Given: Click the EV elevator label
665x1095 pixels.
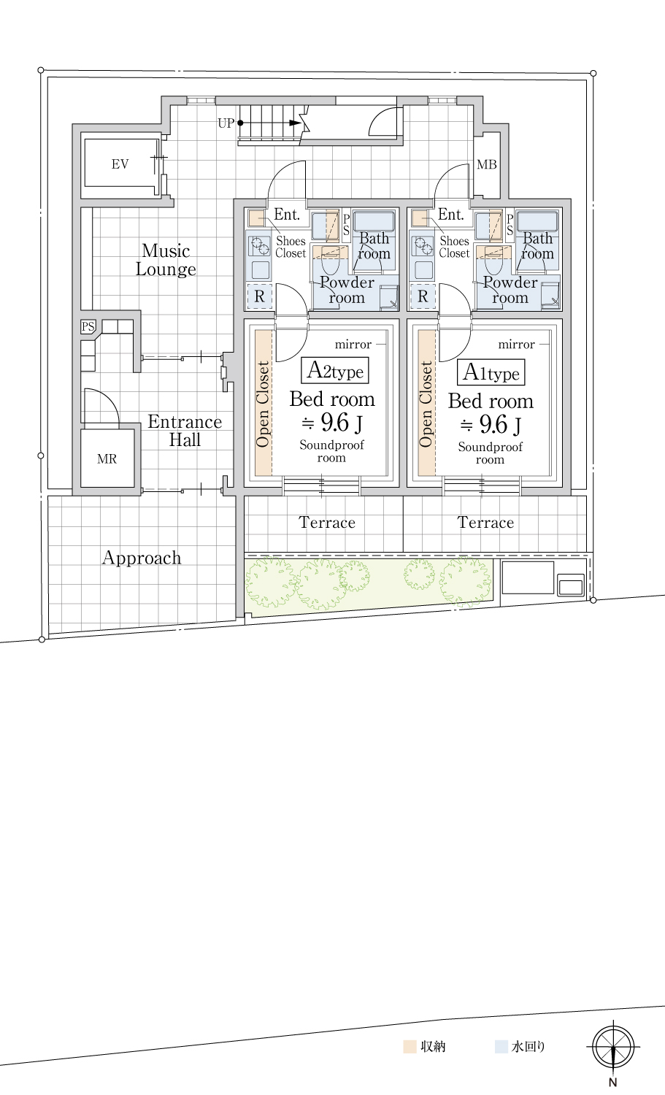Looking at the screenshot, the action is click(120, 164).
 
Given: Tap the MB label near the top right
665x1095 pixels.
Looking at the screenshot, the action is click(487, 165).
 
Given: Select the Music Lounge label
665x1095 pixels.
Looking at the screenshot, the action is click(166, 260).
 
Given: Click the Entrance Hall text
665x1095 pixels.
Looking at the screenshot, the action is click(185, 431).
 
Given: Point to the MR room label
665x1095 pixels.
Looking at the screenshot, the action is click(107, 459).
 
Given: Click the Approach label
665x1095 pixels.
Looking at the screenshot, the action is click(142, 558).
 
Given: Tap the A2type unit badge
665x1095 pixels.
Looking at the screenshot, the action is click(335, 371).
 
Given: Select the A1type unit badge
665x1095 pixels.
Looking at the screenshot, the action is click(491, 372).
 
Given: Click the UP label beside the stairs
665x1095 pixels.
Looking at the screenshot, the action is click(226, 123).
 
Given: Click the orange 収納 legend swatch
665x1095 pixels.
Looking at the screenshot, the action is click(410, 1047).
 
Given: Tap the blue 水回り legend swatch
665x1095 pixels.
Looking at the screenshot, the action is click(501, 1047).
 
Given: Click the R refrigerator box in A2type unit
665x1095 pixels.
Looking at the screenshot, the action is click(259, 296).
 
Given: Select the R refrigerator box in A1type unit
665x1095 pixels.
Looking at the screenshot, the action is click(423, 296).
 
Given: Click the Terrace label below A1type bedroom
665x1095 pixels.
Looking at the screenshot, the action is click(485, 523).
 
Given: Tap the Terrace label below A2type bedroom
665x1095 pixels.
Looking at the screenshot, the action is click(327, 523).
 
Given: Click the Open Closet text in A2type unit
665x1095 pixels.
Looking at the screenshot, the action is click(263, 404).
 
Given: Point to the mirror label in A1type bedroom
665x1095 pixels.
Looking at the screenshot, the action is click(516, 345).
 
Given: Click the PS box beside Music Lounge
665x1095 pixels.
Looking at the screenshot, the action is click(88, 326).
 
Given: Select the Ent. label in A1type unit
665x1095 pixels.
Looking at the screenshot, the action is click(451, 214).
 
